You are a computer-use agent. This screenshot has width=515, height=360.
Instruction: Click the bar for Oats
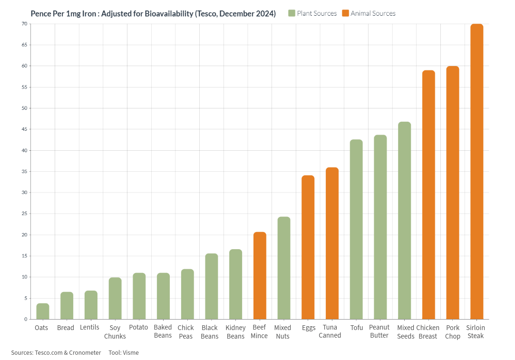(43, 311)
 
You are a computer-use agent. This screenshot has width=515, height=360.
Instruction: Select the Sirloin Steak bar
(476, 171)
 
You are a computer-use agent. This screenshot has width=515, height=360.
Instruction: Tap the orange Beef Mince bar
(260, 276)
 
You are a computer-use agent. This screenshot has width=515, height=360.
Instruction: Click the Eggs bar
(308, 247)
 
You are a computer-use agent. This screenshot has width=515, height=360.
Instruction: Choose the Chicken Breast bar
(428, 195)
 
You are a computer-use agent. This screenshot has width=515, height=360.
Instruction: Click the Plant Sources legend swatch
(292, 13)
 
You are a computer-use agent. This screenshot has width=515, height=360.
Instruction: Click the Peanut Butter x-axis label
(379, 331)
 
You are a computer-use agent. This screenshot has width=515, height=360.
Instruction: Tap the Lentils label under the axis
(89, 328)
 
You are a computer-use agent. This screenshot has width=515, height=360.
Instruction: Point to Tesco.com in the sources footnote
(51, 352)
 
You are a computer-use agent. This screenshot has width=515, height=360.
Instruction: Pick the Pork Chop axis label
(452, 332)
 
